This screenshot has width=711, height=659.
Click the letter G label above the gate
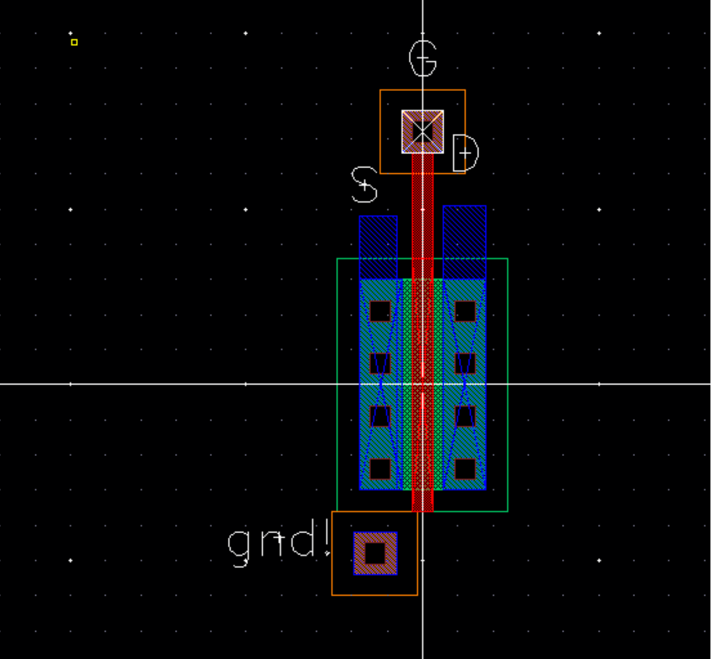click(x=423, y=59)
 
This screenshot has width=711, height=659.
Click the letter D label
click(x=465, y=153)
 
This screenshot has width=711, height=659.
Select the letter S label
click(x=365, y=185)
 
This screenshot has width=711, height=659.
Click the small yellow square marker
click(x=74, y=42)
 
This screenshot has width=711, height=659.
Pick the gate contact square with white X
click(x=422, y=132)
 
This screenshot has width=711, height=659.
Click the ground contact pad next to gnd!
click(x=375, y=554)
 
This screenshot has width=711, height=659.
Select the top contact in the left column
click(x=380, y=311)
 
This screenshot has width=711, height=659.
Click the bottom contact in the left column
click(x=380, y=469)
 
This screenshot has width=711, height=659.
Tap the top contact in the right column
click(x=465, y=311)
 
